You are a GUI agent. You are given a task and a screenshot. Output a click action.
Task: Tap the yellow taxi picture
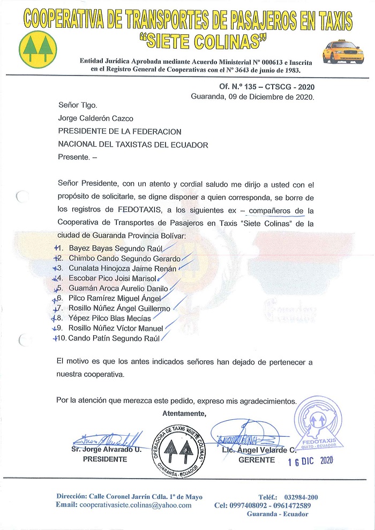[340, 52]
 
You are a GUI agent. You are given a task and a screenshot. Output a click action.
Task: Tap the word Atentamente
[184, 413]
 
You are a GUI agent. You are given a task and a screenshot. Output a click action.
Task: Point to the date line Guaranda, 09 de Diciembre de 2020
[252, 97]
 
